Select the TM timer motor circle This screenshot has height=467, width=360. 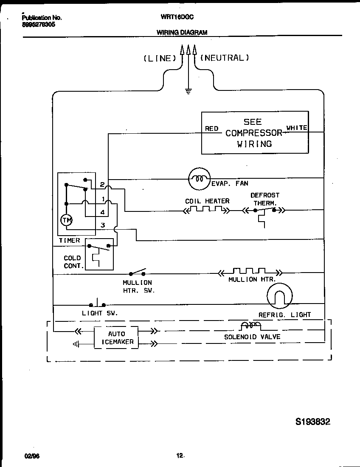point(66,220)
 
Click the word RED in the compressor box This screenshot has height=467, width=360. point(211,129)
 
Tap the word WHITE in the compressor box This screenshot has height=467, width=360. point(297,128)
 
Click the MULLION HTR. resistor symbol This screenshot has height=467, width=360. point(250,272)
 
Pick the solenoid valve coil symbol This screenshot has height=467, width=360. point(250,326)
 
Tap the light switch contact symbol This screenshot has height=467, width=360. point(97,304)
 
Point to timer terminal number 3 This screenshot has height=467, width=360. point(102,225)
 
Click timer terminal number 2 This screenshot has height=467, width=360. point(102,184)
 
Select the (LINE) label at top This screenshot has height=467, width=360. point(160,59)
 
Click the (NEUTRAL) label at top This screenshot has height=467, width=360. point(224,58)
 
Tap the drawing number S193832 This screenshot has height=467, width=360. point(312,422)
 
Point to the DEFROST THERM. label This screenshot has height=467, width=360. point(265,199)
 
